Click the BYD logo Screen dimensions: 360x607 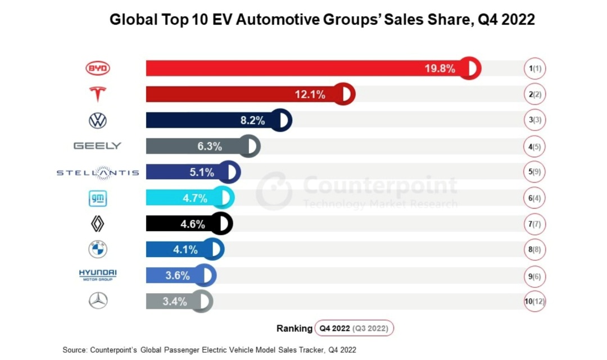98,69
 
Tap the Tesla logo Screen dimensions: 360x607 98,94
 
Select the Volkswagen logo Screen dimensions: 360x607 98,120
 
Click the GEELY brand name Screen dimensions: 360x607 97,146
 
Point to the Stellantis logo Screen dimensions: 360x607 98,172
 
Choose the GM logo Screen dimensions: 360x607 98,198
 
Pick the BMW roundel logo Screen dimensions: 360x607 98,249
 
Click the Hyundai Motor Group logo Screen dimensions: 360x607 98,275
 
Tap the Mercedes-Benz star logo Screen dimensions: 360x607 98,301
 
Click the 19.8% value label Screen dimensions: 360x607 440,69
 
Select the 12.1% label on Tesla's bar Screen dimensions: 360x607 310,94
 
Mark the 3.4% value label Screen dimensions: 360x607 174,302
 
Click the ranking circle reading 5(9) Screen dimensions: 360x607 534,172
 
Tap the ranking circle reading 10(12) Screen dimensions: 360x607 534,302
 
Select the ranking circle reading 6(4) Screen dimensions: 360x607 534,198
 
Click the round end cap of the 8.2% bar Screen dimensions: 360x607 280,120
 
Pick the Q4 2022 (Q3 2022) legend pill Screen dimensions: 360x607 354,328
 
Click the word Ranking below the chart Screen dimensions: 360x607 294,329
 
